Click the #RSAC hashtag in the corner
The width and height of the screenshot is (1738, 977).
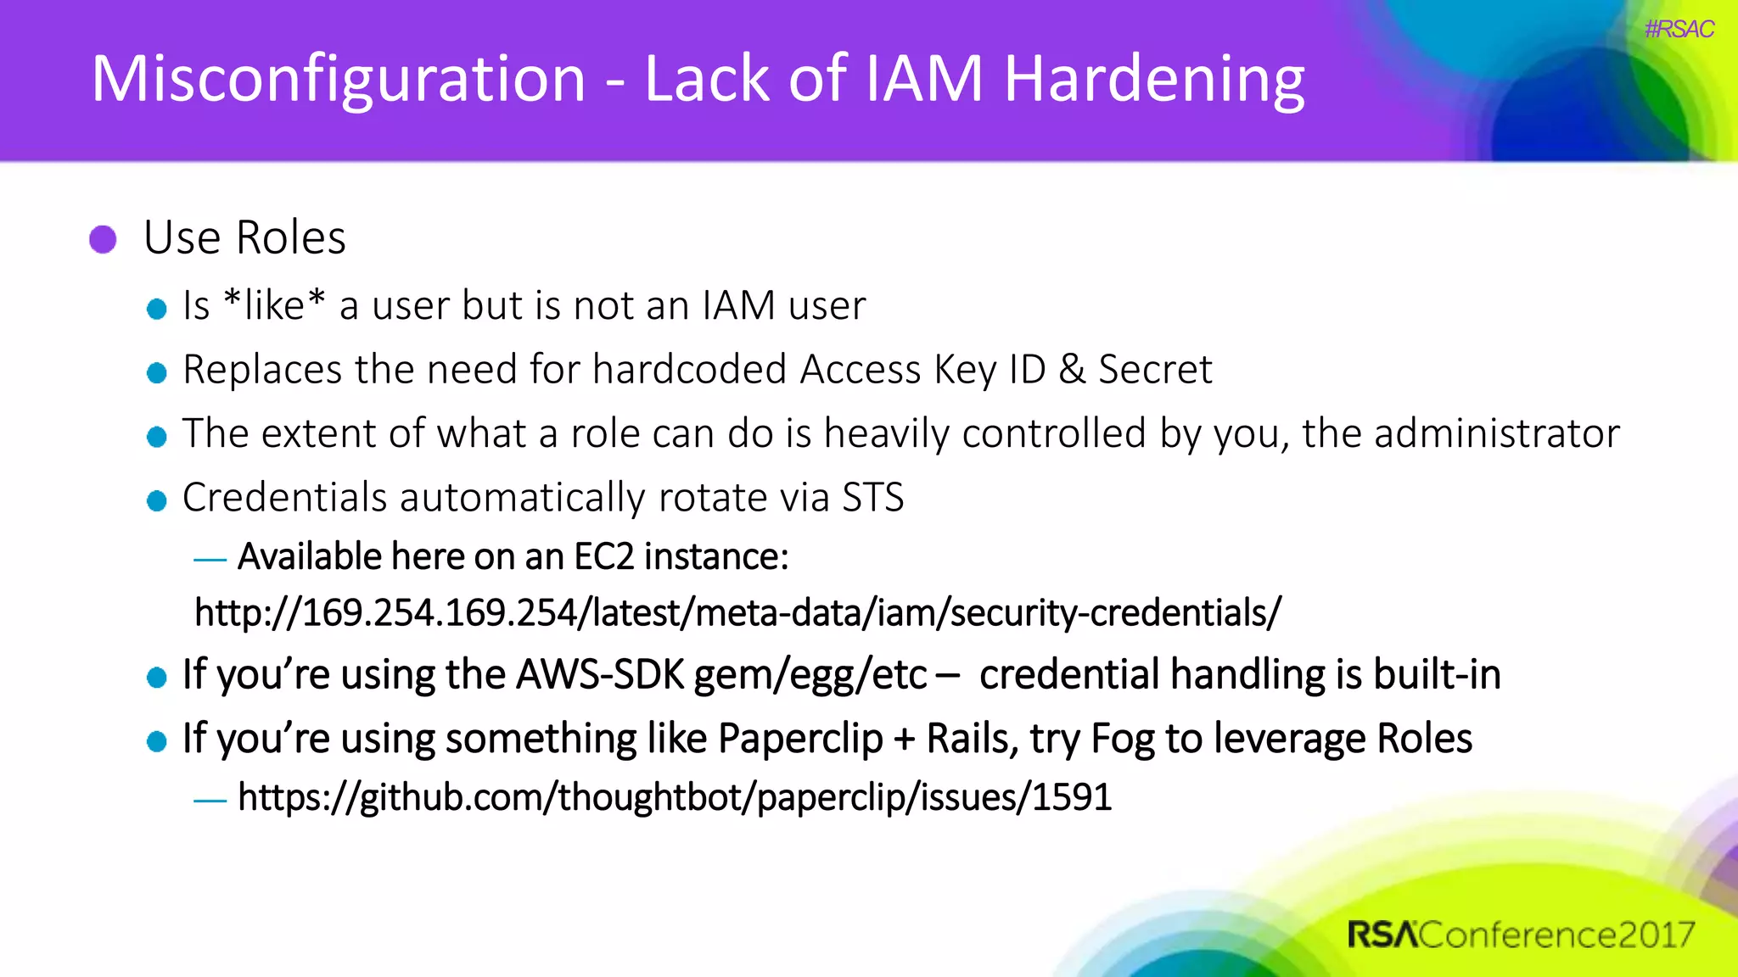point(1679,30)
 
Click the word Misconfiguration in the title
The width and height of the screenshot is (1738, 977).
point(338,80)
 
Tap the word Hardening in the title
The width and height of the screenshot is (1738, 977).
point(1154,80)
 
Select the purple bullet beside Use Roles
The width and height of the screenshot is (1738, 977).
point(103,239)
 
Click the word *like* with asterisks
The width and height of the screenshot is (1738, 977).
point(274,305)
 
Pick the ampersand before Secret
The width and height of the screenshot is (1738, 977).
point(1072,370)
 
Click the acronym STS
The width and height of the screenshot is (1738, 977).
point(872,498)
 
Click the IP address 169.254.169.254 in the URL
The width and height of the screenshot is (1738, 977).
point(438,612)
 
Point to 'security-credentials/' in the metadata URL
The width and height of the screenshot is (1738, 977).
point(1115,612)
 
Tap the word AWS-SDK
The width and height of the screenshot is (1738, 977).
point(600,675)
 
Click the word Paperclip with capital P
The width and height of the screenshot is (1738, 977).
point(799,739)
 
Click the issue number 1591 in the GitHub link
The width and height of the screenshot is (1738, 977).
point(1071,797)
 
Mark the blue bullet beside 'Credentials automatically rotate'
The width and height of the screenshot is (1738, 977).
point(156,500)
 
